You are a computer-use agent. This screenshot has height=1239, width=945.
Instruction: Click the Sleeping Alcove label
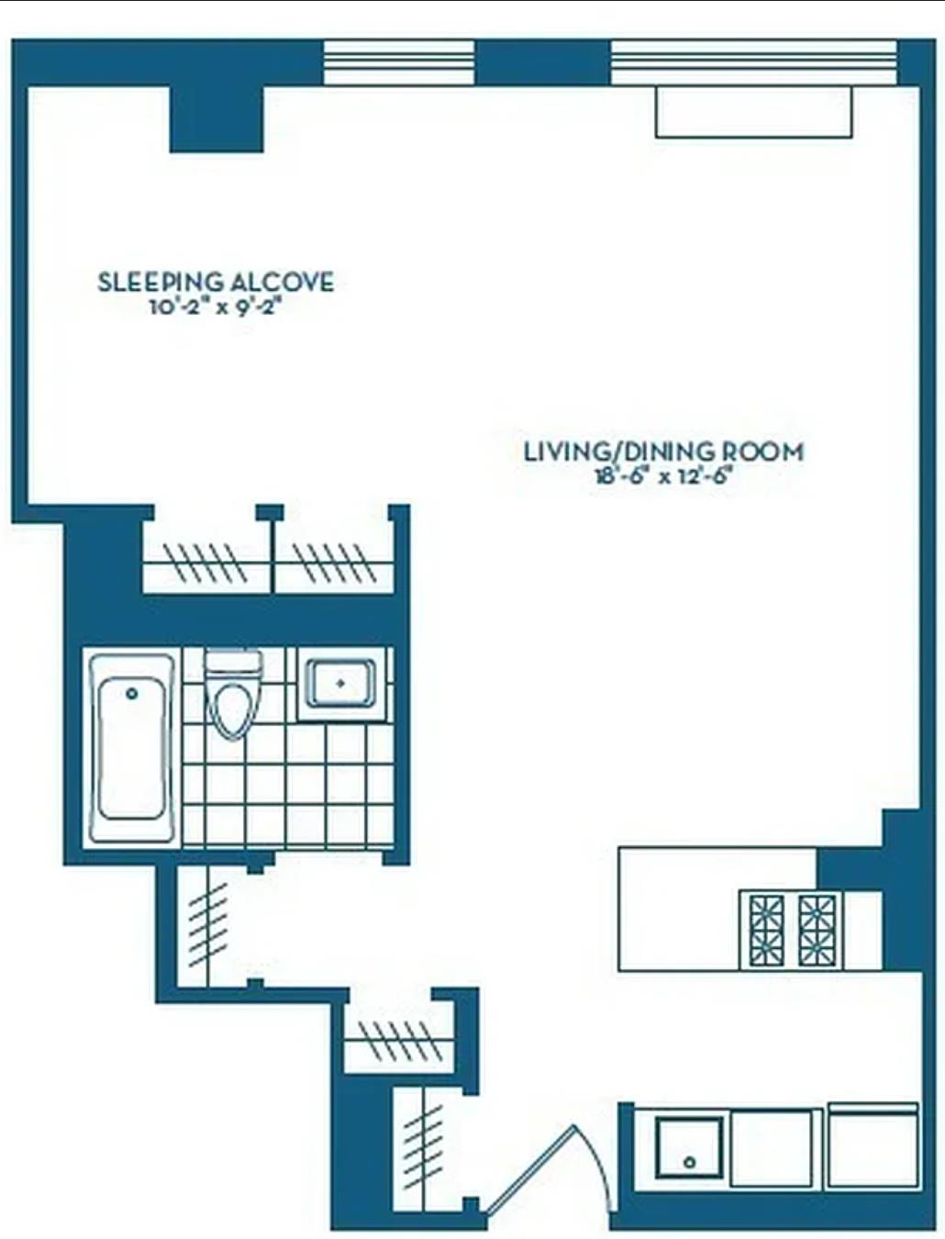point(216,282)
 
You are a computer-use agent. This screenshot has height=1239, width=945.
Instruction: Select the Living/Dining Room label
point(663,452)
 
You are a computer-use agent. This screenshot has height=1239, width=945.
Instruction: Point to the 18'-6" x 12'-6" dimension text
point(663,476)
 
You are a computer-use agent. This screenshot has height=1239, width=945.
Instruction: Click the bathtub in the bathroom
point(133,748)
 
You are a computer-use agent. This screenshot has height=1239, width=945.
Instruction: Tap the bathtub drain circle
point(132,694)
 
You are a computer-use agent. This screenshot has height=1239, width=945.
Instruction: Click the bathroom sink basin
point(340,685)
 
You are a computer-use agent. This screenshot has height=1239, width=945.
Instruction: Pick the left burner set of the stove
point(766,931)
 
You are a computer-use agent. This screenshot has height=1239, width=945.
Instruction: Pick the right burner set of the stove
point(816,931)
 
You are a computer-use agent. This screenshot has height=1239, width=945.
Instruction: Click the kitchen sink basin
point(689,1148)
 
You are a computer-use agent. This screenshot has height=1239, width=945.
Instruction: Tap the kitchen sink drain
point(689,1162)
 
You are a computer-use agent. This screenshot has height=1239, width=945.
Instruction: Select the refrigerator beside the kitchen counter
point(873,1146)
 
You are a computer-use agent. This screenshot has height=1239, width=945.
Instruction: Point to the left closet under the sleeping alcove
point(206,561)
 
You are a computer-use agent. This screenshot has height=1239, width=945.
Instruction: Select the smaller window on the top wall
point(399,62)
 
